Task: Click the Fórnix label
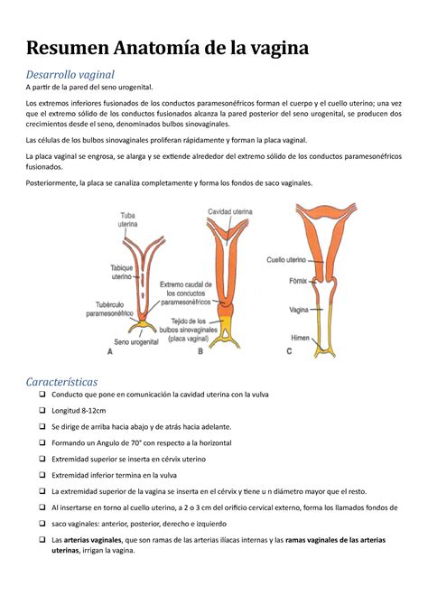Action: coord(298,279)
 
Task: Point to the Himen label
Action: coord(300,338)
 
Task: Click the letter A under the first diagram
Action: coord(109,354)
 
